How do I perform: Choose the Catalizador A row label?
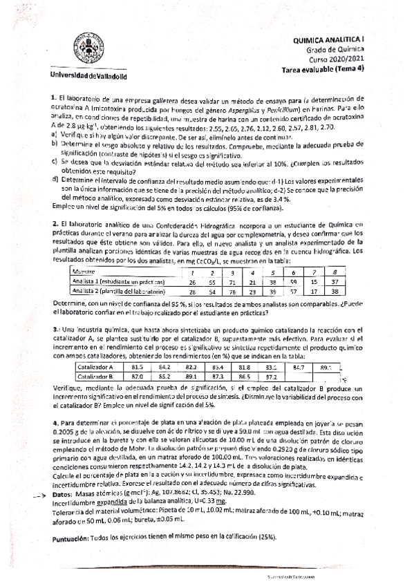[x=94, y=367]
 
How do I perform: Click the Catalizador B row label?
[x=94, y=377]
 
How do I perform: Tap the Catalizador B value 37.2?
[x=271, y=377]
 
